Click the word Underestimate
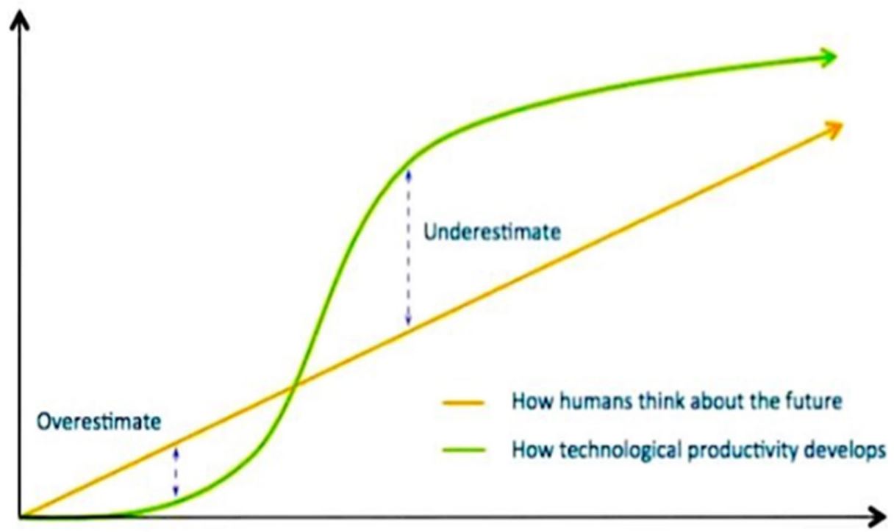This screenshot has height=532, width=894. (492, 232)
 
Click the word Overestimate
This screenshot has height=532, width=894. (99, 422)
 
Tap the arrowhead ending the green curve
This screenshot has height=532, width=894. (826, 58)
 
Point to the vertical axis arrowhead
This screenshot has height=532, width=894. (20, 20)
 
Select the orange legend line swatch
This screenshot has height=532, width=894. (463, 403)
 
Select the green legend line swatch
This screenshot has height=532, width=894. (464, 450)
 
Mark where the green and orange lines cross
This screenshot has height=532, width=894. (295, 385)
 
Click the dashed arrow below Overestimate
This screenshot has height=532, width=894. (176, 472)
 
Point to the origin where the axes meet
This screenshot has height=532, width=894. (20, 517)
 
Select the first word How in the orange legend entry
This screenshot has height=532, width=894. (532, 400)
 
